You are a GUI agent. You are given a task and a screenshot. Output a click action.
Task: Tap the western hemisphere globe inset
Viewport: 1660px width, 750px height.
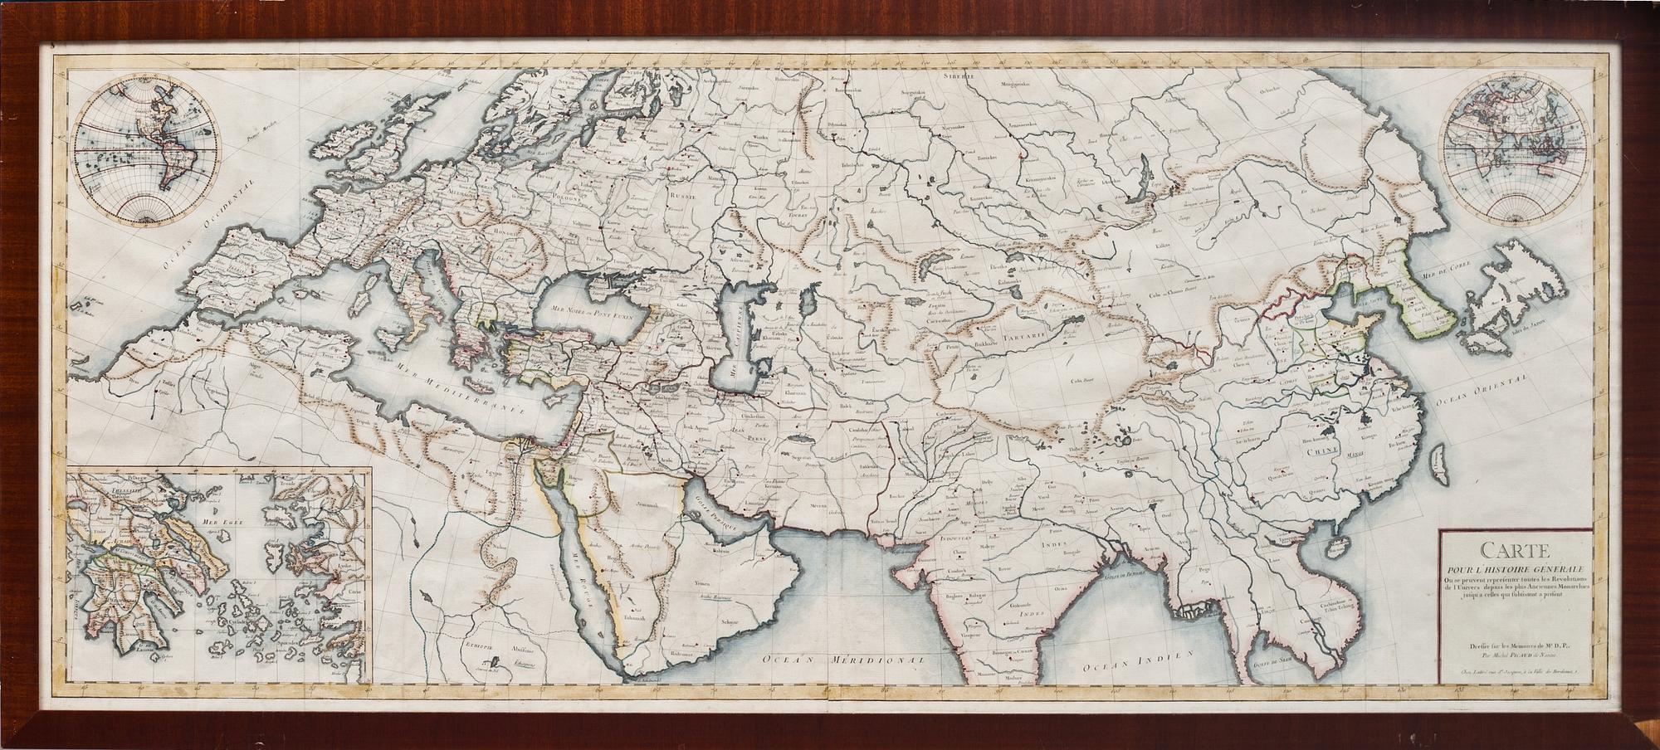coord(144,155)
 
